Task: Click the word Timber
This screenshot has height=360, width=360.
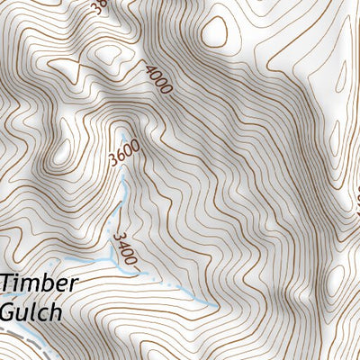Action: pos(40,283)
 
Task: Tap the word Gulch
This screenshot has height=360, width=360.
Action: pos(31,312)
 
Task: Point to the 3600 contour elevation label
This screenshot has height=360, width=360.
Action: pos(121,148)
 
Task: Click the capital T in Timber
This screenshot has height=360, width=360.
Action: pos(8,283)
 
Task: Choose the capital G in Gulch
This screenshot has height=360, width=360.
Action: pos(9,312)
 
